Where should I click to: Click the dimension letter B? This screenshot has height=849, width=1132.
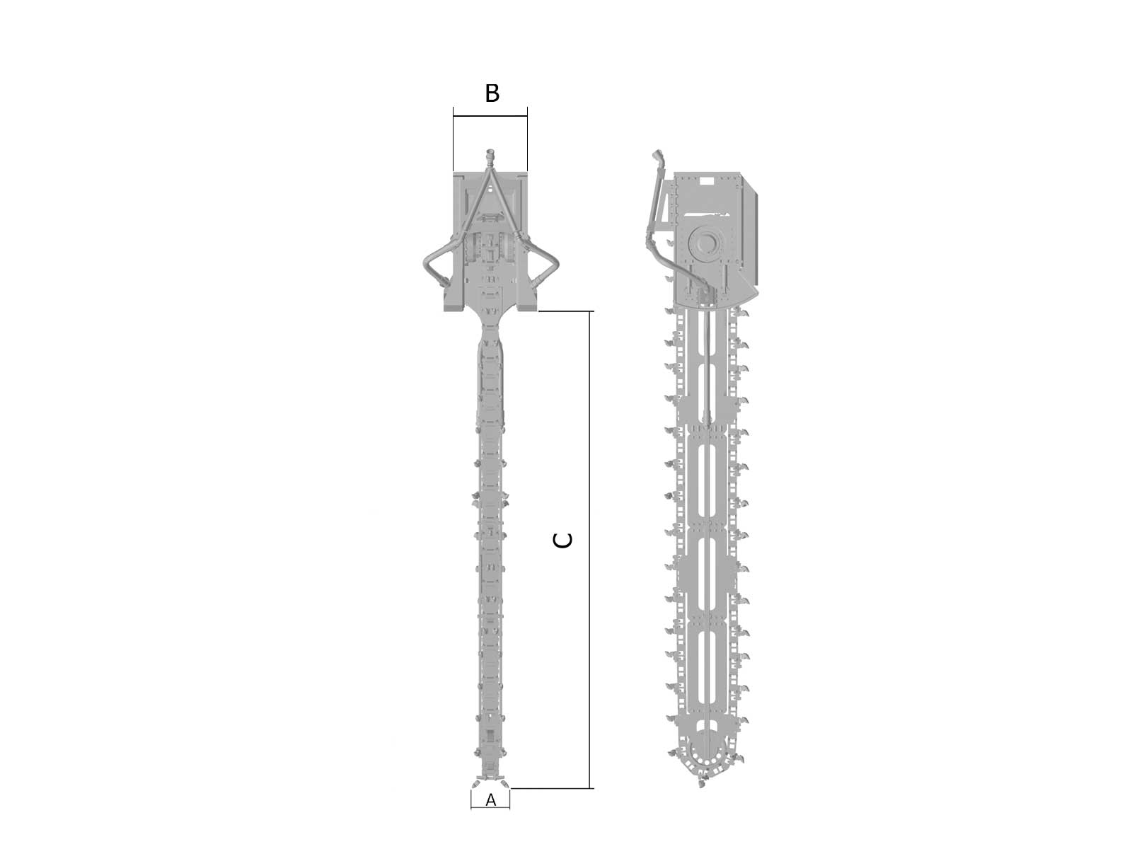click(x=492, y=93)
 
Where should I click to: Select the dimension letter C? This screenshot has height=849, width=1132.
click(x=562, y=541)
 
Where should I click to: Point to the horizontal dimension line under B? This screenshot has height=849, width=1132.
click(x=490, y=116)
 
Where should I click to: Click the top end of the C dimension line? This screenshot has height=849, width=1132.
click(x=589, y=311)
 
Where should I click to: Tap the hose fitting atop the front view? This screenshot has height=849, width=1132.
click(x=490, y=156)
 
